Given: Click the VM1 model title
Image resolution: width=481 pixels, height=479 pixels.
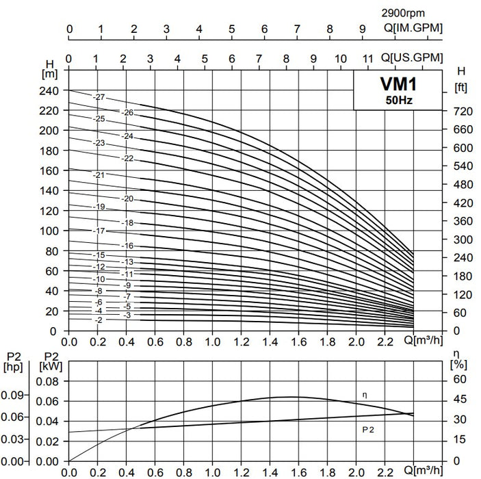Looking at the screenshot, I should tap(398, 84).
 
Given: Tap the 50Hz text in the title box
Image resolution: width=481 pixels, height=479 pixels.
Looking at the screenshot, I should tap(398, 100).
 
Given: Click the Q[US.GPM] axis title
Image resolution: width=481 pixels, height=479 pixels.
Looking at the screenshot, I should tap(411, 57).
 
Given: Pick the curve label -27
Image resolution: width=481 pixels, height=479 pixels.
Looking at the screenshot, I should tap(99, 98).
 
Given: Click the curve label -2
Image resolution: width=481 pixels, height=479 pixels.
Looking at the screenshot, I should tap(99, 320).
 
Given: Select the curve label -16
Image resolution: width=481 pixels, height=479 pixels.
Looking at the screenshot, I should tap(127, 245).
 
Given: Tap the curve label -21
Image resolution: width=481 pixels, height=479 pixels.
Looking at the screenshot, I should tap(99, 175).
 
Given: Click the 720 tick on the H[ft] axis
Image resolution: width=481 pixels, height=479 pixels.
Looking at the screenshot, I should tap(464, 111).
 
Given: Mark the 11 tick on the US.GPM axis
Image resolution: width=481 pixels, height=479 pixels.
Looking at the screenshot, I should tap(368, 58).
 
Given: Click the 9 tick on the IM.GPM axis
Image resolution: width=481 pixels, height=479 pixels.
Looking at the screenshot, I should tap(363, 29).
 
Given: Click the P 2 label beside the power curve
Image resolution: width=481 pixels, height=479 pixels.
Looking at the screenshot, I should tap(367, 428).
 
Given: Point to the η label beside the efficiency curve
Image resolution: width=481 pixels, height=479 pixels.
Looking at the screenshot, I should tap(365, 395).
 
